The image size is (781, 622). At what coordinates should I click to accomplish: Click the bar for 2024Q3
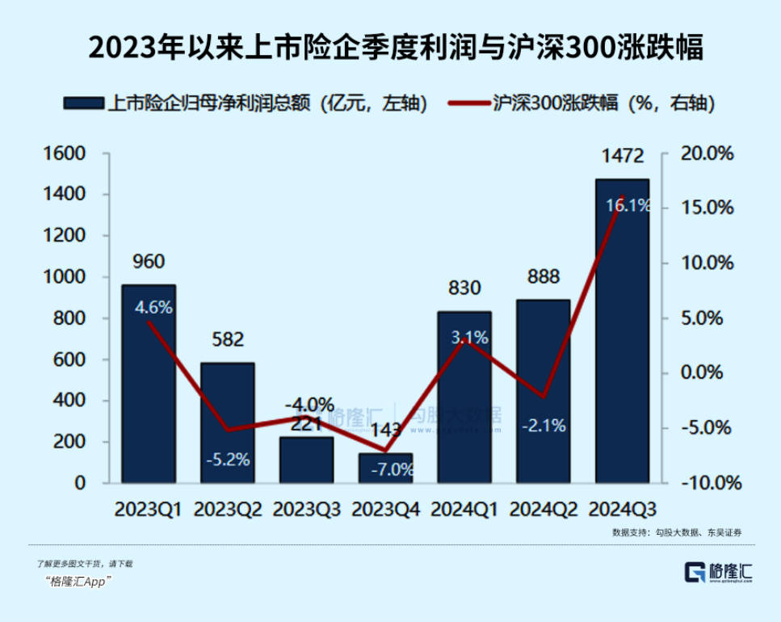(622, 339)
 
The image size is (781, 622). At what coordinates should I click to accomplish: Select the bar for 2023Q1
(149, 388)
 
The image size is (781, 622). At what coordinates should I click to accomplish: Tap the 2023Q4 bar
(385, 469)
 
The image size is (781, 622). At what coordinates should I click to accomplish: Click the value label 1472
(622, 156)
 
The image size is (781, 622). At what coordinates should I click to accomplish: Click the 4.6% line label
(153, 308)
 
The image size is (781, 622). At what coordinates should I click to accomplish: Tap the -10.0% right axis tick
(708, 483)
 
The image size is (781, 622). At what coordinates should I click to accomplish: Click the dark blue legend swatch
(84, 103)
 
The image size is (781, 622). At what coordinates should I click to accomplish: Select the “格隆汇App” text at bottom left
(79, 582)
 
